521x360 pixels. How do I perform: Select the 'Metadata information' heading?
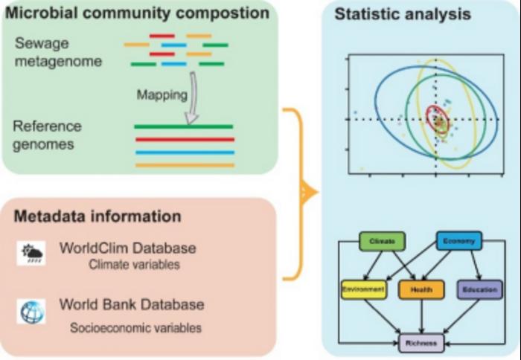coord(97,216)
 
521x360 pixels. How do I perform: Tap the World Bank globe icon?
coord(33,311)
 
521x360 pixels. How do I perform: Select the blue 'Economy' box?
coord(458,241)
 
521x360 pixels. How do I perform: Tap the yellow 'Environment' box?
coord(363,289)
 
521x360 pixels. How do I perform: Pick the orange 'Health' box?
coord(421,289)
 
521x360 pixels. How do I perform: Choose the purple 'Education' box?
coord(479,289)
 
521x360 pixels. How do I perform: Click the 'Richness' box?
coord(421,343)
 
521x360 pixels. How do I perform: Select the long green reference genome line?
coord(183,127)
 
